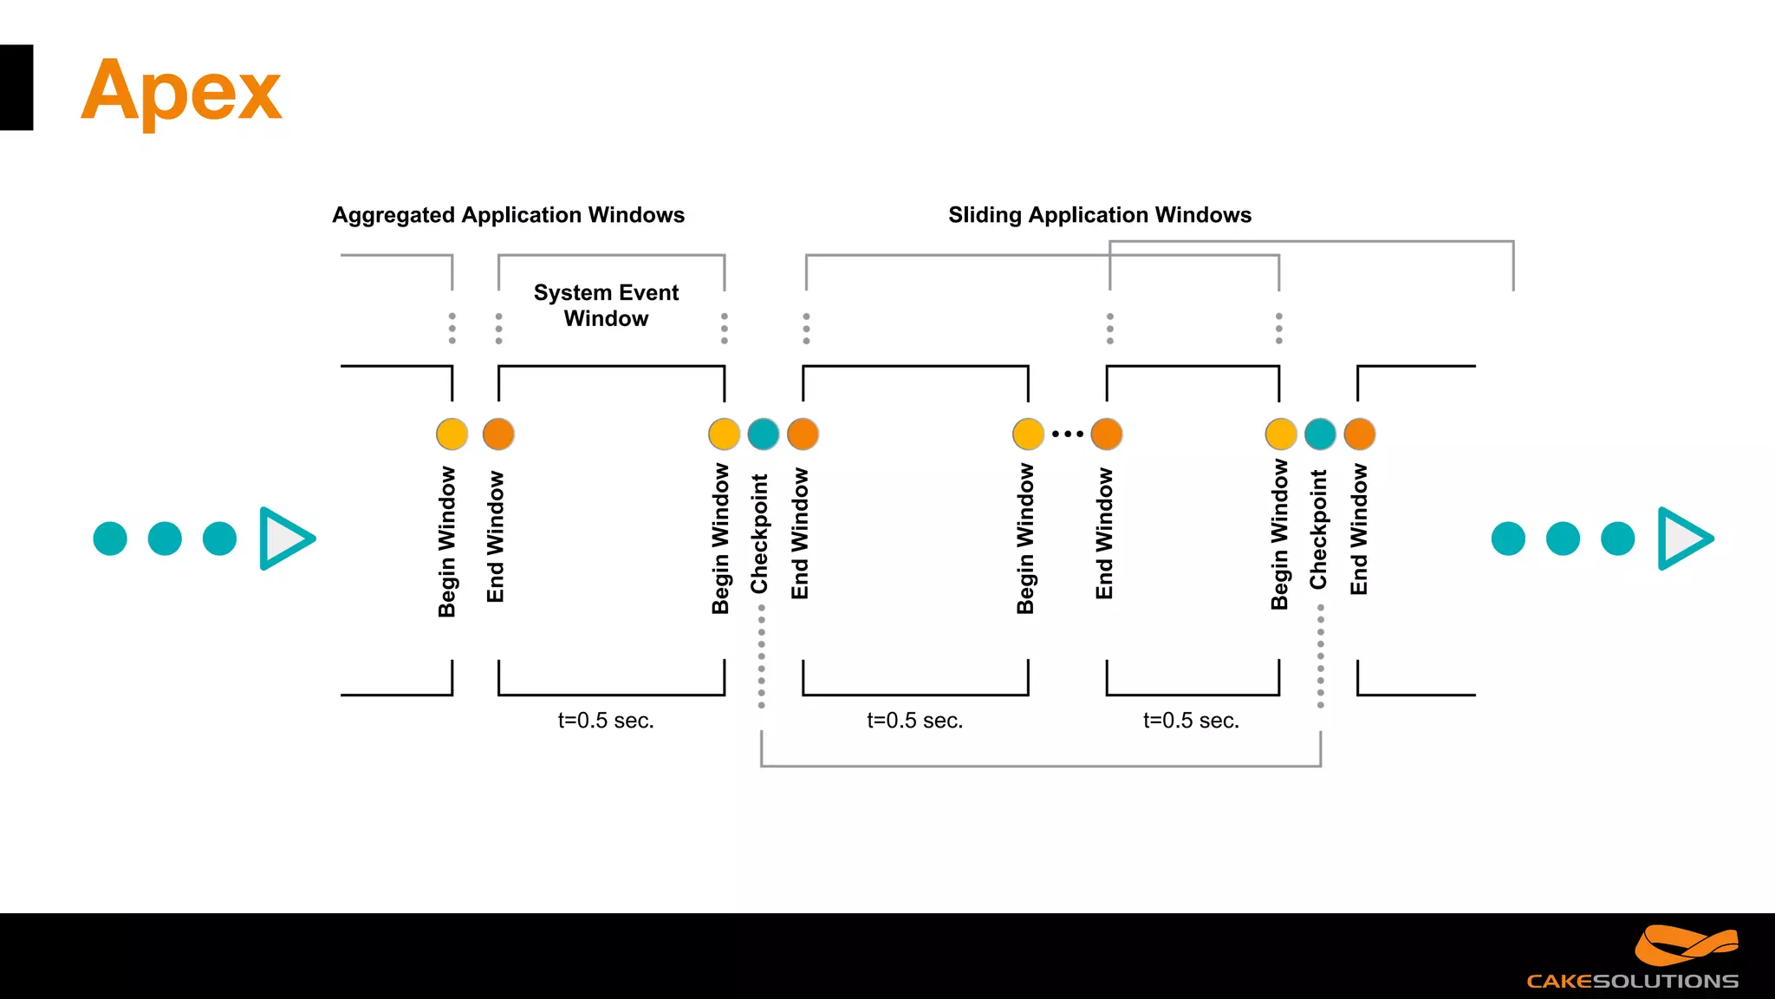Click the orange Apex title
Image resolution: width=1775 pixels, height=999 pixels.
pos(181,90)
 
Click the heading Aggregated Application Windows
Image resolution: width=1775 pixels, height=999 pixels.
pos(508,215)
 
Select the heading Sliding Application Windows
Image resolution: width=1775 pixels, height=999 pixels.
pos(1099,215)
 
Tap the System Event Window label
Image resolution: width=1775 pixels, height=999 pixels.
pos(606,305)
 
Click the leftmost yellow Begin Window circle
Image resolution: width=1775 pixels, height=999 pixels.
pos(452,434)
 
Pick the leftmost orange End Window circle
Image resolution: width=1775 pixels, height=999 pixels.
pos(498,434)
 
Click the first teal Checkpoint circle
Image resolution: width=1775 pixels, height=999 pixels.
pos(764,434)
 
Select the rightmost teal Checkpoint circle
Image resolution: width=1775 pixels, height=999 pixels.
pos(1320,434)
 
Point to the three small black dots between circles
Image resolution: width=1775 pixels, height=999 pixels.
pos(1067,434)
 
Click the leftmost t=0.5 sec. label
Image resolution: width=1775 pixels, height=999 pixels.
pos(605,721)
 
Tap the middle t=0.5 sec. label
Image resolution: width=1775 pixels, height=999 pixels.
pos(914,721)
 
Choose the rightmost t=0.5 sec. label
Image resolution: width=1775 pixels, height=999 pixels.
pos(1191,721)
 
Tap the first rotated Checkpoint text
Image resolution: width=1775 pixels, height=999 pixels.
pos(760,533)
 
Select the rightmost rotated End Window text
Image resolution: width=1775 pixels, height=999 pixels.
pos(1359,529)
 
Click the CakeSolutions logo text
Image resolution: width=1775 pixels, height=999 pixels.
pos(1632,981)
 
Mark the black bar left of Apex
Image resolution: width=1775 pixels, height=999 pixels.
pos(16,88)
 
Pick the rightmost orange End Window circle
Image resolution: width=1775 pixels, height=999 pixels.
pos(1359,434)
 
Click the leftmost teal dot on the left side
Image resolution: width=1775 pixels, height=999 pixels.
pos(110,539)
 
